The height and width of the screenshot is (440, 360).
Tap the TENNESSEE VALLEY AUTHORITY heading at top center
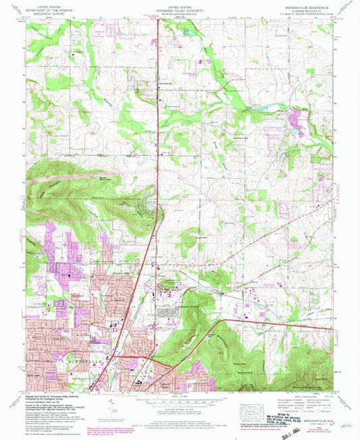(x=180, y=9)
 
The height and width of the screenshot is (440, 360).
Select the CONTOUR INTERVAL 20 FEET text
(x=179, y=407)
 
